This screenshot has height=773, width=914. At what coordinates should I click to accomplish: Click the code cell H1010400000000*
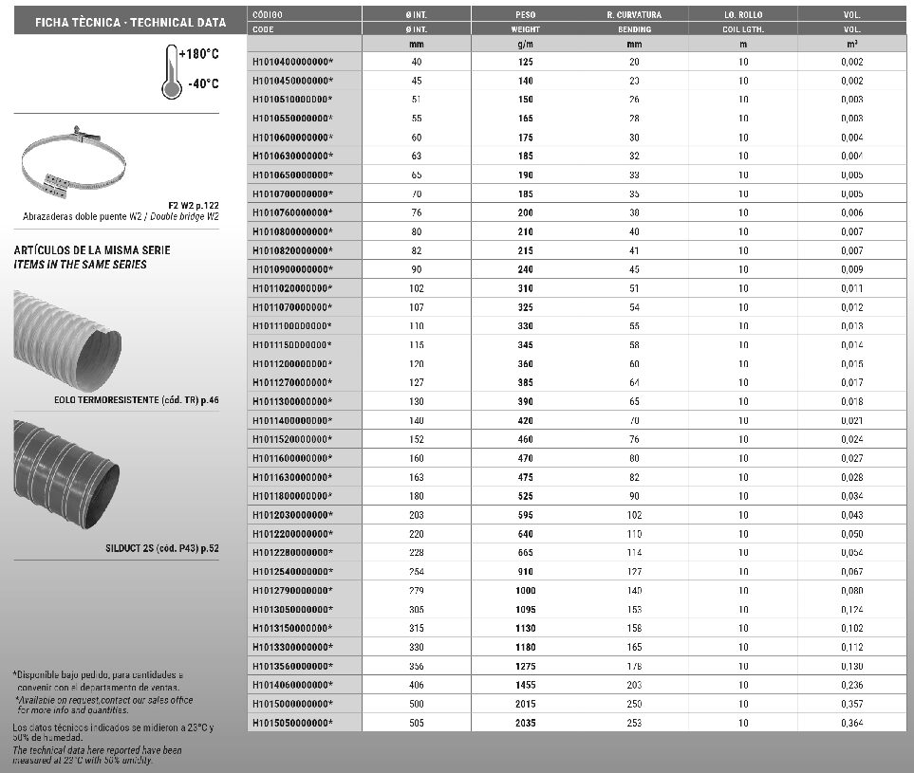pyautogui.click(x=292, y=62)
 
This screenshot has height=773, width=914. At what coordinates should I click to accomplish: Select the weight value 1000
pyautogui.click(x=526, y=590)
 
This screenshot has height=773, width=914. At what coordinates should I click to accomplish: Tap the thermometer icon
pyautogui.click(x=172, y=73)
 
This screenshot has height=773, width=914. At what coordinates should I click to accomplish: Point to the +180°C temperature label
pyautogui.click(x=199, y=54)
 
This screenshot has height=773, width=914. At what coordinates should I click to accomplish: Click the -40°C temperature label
pyautogui.click(x=203, y=84)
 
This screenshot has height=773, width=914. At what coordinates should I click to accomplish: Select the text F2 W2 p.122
pyautogui.click(x=193, y=205)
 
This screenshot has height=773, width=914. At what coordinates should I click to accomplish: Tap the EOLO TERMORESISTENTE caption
pyautogui.click(x=136, y=401)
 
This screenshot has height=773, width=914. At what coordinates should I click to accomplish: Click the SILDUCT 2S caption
pyautogui.click(x=162, y=548)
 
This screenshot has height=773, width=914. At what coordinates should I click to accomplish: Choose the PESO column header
pyautogui.click(x=526, y=15)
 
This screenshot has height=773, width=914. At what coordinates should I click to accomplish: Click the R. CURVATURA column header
pyautogui.click(x=634, y=15)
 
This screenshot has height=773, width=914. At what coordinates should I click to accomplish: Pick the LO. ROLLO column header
pyautogui.click(x=743, y=15)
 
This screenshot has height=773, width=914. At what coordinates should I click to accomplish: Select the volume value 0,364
pyautogui.click(x=851, y=723)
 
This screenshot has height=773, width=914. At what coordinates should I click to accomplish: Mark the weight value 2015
pyautogui.click(x=526, y=704)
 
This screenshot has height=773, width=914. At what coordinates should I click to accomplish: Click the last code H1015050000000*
pyautogui.click(x=292, y=723)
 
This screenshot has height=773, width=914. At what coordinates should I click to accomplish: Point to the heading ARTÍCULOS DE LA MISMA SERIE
pyautogui.click(x=93, y=250)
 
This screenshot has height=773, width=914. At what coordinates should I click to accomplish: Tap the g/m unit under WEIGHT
pyautogui.click(x=526, y=44)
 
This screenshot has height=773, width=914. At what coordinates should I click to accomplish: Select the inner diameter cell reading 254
pyautogui.click(x=417, y=571)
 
